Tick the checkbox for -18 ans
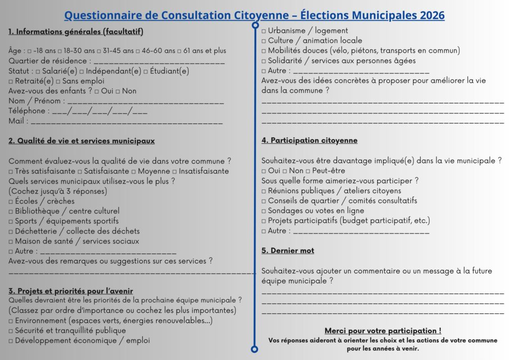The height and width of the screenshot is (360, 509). click(x=30, y=51)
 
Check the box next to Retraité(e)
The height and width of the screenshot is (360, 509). click(x=11, y=82)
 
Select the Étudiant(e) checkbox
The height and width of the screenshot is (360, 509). click(x=146, y=72)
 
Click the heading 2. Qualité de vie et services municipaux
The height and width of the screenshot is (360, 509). click(x=82, y=141)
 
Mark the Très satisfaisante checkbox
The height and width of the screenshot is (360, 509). click(x=11, y=172)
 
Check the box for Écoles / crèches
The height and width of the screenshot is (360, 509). click(x=11, y=201)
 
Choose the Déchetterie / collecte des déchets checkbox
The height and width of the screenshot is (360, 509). click(x=11, y=231)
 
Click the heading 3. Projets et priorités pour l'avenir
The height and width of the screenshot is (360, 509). click(x=71, y=291)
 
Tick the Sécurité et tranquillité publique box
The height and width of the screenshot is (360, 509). click(x=11, y=331)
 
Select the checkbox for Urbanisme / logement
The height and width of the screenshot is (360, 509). click(x=264, y=31)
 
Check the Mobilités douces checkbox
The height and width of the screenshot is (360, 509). click(x=264, y=51)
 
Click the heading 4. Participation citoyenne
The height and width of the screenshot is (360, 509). click(x=309, y=141)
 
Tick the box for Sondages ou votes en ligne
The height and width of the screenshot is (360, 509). click(x=264, y=211)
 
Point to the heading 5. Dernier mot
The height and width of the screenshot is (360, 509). click(x=288, y=251)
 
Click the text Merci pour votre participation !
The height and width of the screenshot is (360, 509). click(x=383, y=331)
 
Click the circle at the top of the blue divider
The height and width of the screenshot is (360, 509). click(x=255, y=25)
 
